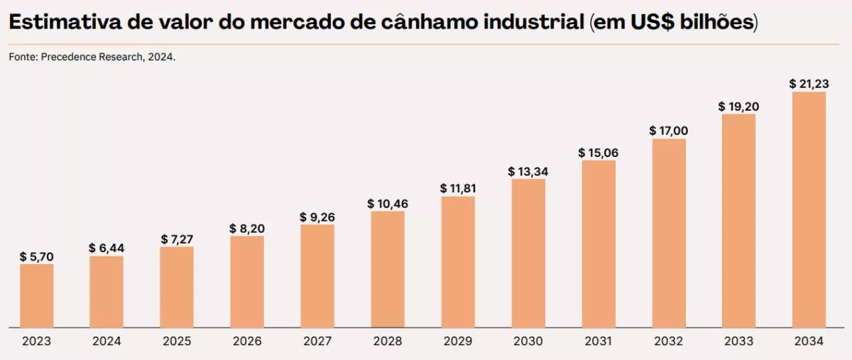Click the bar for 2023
36,295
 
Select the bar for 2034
809,209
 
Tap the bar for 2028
388,269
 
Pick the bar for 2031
599,244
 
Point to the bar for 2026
247,281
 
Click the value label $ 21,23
809,84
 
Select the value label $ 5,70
36,256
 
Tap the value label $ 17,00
669,131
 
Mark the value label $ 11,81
458,189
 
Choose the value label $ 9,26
317,217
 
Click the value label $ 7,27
177,239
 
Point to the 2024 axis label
106,342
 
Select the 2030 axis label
528,342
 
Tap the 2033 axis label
738,342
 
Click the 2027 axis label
317,342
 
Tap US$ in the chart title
650,22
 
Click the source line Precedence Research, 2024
92,57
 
